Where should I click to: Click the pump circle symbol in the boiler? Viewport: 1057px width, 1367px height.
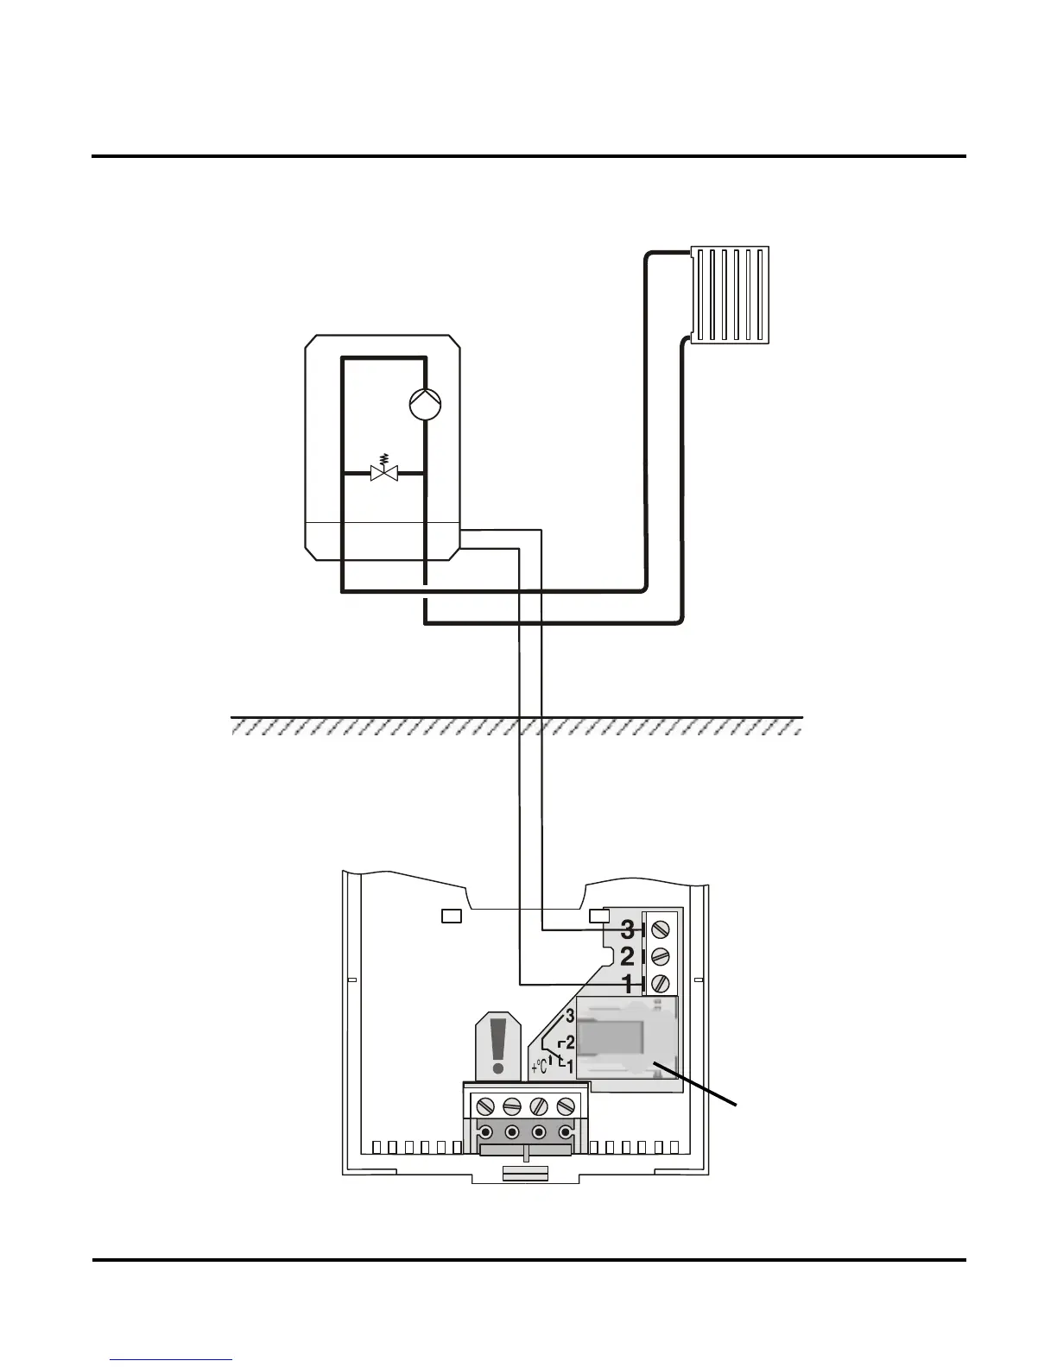pos(424,403)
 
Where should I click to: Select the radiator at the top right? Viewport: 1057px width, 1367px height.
pos(730,294)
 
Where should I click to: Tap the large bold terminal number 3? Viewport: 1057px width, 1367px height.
pos(628,930)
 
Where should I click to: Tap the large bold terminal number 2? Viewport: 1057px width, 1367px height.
pos(628,956)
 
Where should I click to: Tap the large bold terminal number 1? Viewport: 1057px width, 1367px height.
pos(628,982)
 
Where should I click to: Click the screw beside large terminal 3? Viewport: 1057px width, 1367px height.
pos(661,929)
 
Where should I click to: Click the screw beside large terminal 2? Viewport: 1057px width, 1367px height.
pos(661,956)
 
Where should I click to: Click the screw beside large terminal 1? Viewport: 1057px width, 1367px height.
pos(661,982)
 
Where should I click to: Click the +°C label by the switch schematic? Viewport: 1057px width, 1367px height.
pos(541,1066)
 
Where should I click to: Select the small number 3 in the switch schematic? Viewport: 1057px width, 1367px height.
pos(570,1016)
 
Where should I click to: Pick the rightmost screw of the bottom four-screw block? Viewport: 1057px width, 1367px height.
pos(566,1106)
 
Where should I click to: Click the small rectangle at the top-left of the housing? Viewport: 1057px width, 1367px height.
pos(452,916)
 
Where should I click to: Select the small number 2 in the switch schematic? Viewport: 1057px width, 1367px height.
pos(570,1043)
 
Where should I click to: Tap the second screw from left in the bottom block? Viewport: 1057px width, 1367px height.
pos(511,1106)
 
